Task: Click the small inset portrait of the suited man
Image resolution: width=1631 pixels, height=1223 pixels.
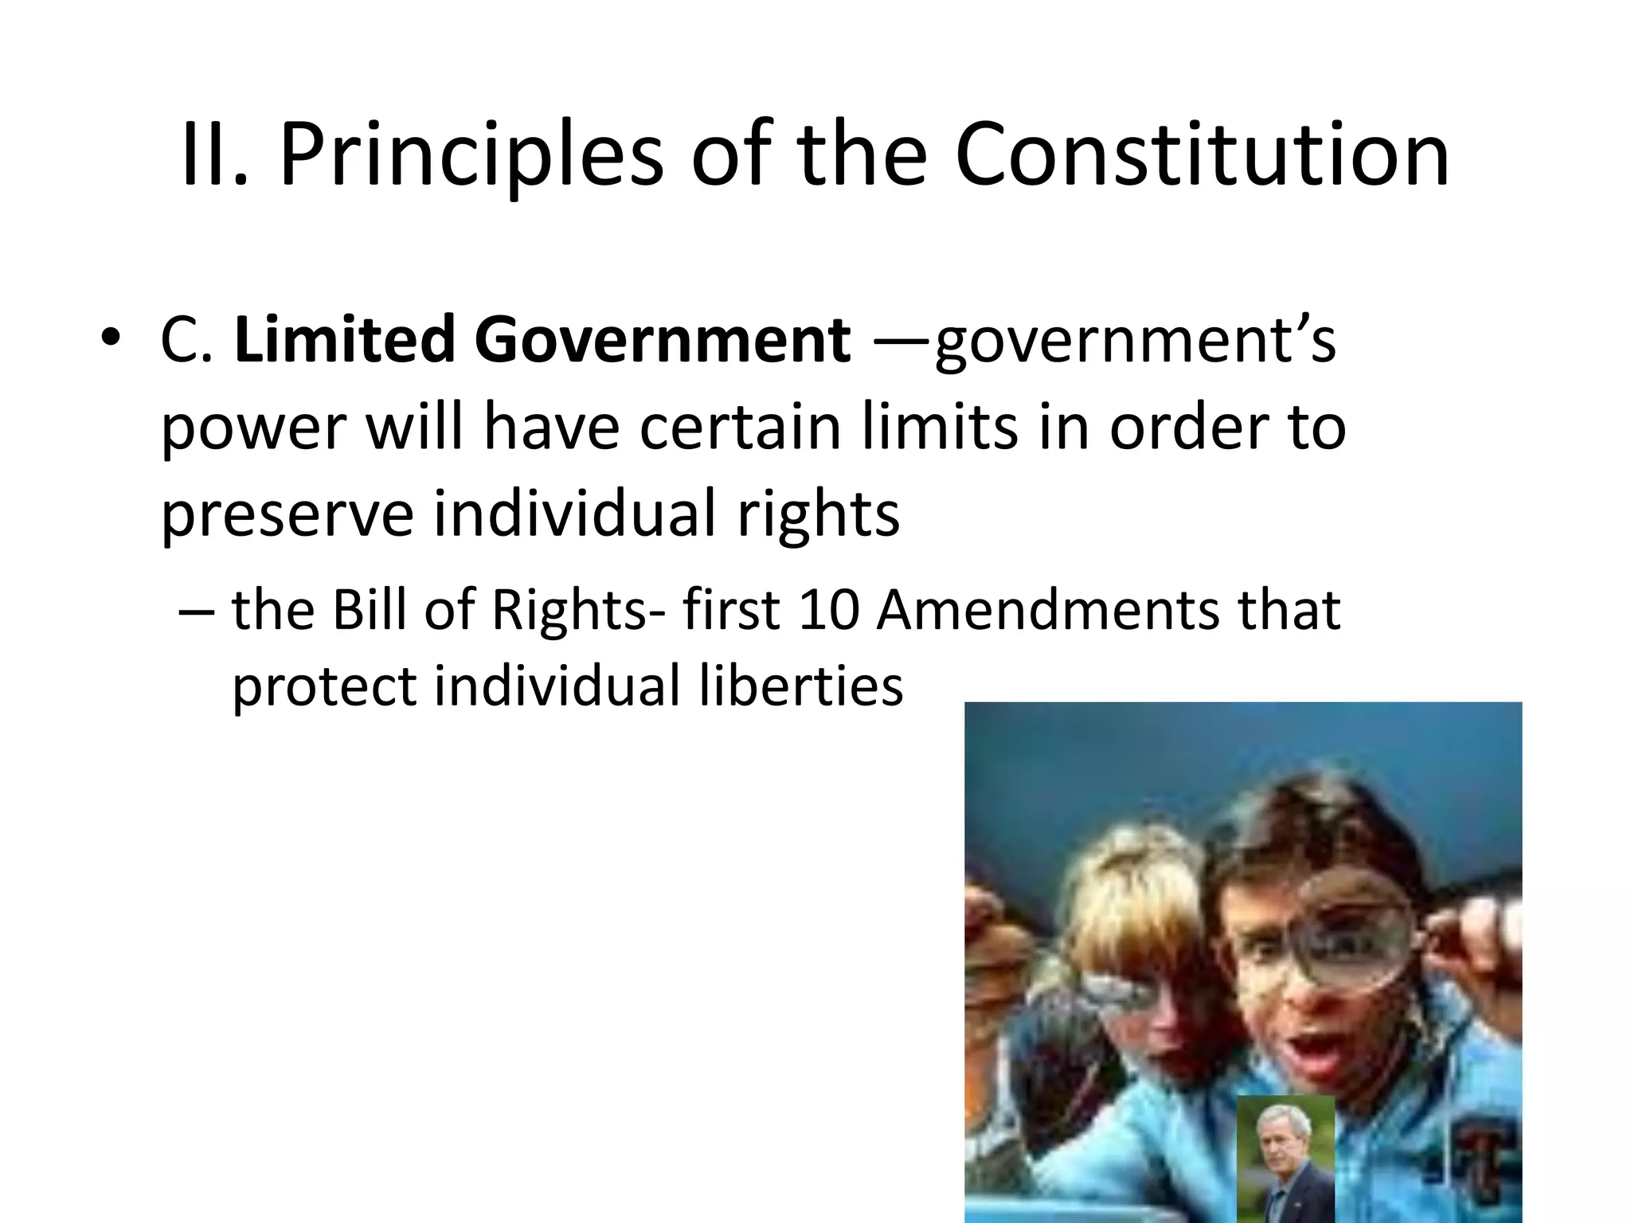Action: click(1285, 1159)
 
